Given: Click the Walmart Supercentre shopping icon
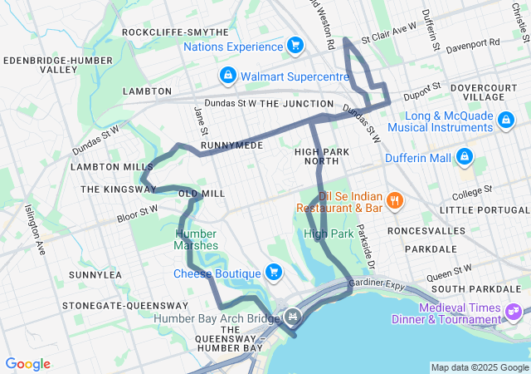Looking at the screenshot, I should (x=227, y=76).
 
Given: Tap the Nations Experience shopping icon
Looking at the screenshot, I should (x=295, y=46).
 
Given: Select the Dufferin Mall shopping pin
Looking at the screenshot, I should (x=464, y=156).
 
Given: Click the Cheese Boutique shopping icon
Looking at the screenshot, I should (x=273, y=272).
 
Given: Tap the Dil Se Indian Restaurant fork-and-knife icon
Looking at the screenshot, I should (x=395, y=199).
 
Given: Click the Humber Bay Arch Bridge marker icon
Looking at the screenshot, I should (x=292, y=317).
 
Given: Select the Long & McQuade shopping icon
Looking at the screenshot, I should (x=504, y=121).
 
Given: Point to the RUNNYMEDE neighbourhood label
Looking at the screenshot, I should (x=231, y=145).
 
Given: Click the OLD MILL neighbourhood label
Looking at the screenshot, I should (x=202, y=193).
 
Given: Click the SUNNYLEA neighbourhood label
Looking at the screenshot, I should (x=95, y=274).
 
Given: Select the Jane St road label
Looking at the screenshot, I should (x=200, y=118).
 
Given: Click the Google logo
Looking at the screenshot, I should (x=27, y=364).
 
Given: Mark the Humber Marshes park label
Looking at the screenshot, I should (x=197, y=239).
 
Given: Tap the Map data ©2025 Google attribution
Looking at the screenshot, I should (x=479, y=367).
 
